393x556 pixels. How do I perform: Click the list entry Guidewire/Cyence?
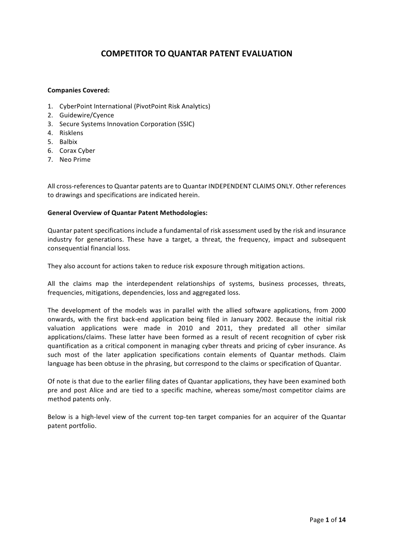[87, 115]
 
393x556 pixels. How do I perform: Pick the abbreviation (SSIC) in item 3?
[186, 124]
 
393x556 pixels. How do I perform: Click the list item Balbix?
[68, 142]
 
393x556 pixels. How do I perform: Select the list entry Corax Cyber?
[77, 151]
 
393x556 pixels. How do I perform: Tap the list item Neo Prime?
[75, 160]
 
